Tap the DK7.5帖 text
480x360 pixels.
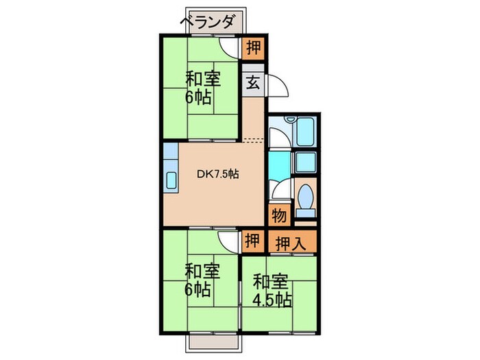pos(217,174)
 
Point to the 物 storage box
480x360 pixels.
pos(278,215)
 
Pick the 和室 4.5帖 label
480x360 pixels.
pos(272,290)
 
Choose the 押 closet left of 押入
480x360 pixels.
pos(252,241)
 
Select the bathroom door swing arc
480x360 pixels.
pos(277,137)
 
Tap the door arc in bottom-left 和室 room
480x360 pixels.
pos(228,242)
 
